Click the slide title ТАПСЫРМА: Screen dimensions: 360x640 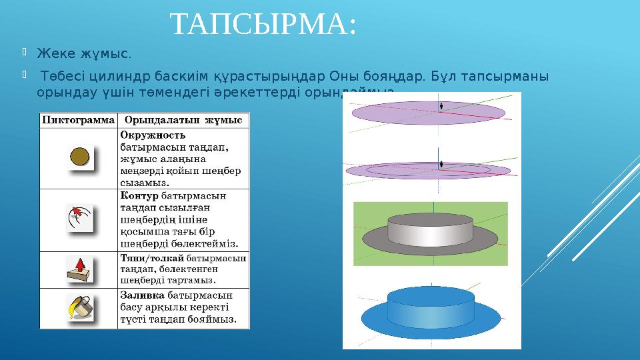263,25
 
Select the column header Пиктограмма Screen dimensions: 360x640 79,120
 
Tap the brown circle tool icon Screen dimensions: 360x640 80,158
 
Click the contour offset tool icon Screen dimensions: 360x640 79,219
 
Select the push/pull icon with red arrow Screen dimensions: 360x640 79,269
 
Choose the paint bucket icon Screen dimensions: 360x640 79,307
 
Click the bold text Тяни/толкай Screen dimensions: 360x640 152,257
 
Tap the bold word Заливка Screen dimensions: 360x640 142,295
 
